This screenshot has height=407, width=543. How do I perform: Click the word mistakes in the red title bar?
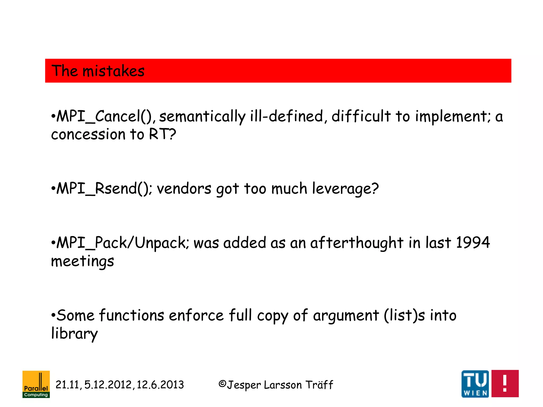pos(113,71)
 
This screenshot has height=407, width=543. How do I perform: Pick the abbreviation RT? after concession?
pos(162,134)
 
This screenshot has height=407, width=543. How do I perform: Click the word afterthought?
pos(357,243)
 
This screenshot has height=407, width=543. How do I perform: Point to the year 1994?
pos(473,242)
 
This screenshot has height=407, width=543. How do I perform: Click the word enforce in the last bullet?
pos(196,316)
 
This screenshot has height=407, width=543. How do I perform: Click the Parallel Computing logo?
pos(36,384)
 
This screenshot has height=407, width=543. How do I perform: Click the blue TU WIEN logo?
pos(475,384)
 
